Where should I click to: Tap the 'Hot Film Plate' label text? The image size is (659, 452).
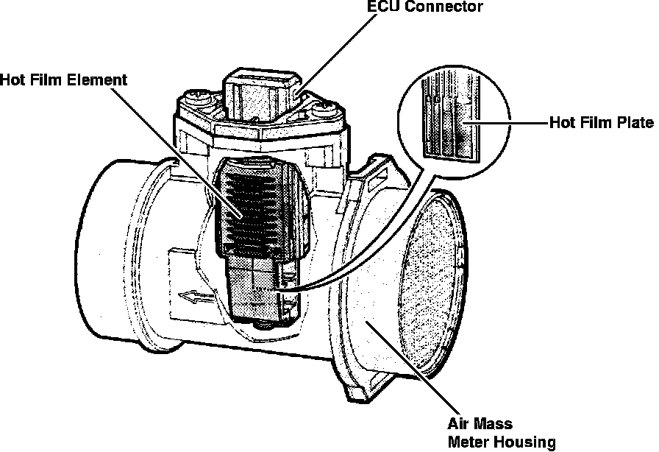601,122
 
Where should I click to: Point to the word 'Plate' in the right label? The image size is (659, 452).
635,122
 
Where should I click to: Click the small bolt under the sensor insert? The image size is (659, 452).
260,324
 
